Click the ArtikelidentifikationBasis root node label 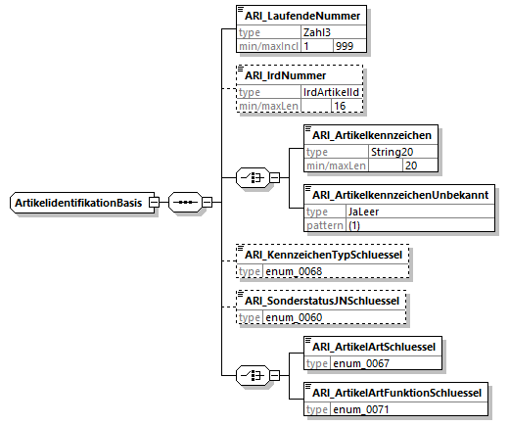(78, 203)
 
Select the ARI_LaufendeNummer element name (302, 16)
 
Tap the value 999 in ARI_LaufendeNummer (345, 46)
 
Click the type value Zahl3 (317, 32)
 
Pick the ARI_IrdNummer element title (285, 75)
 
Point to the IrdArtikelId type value (331, 92)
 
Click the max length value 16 (340, 106)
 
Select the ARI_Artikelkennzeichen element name (372, 135)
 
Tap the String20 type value (392, 152)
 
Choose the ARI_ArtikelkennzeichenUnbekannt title (400, 195)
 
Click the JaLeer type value (363, 212)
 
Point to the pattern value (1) (354, 225)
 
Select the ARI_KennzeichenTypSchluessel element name (323, 255)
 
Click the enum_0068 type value (294, 271)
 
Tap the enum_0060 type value (294, 317)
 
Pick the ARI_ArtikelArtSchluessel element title (374, 347)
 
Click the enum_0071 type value (361, 409)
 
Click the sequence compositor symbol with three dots (185, 203)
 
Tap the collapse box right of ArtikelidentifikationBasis (154, 203)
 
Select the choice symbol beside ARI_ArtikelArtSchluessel (253, 375)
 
